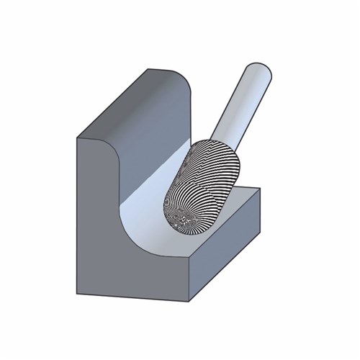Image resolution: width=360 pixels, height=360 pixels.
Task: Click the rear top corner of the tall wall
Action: (149, 70)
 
